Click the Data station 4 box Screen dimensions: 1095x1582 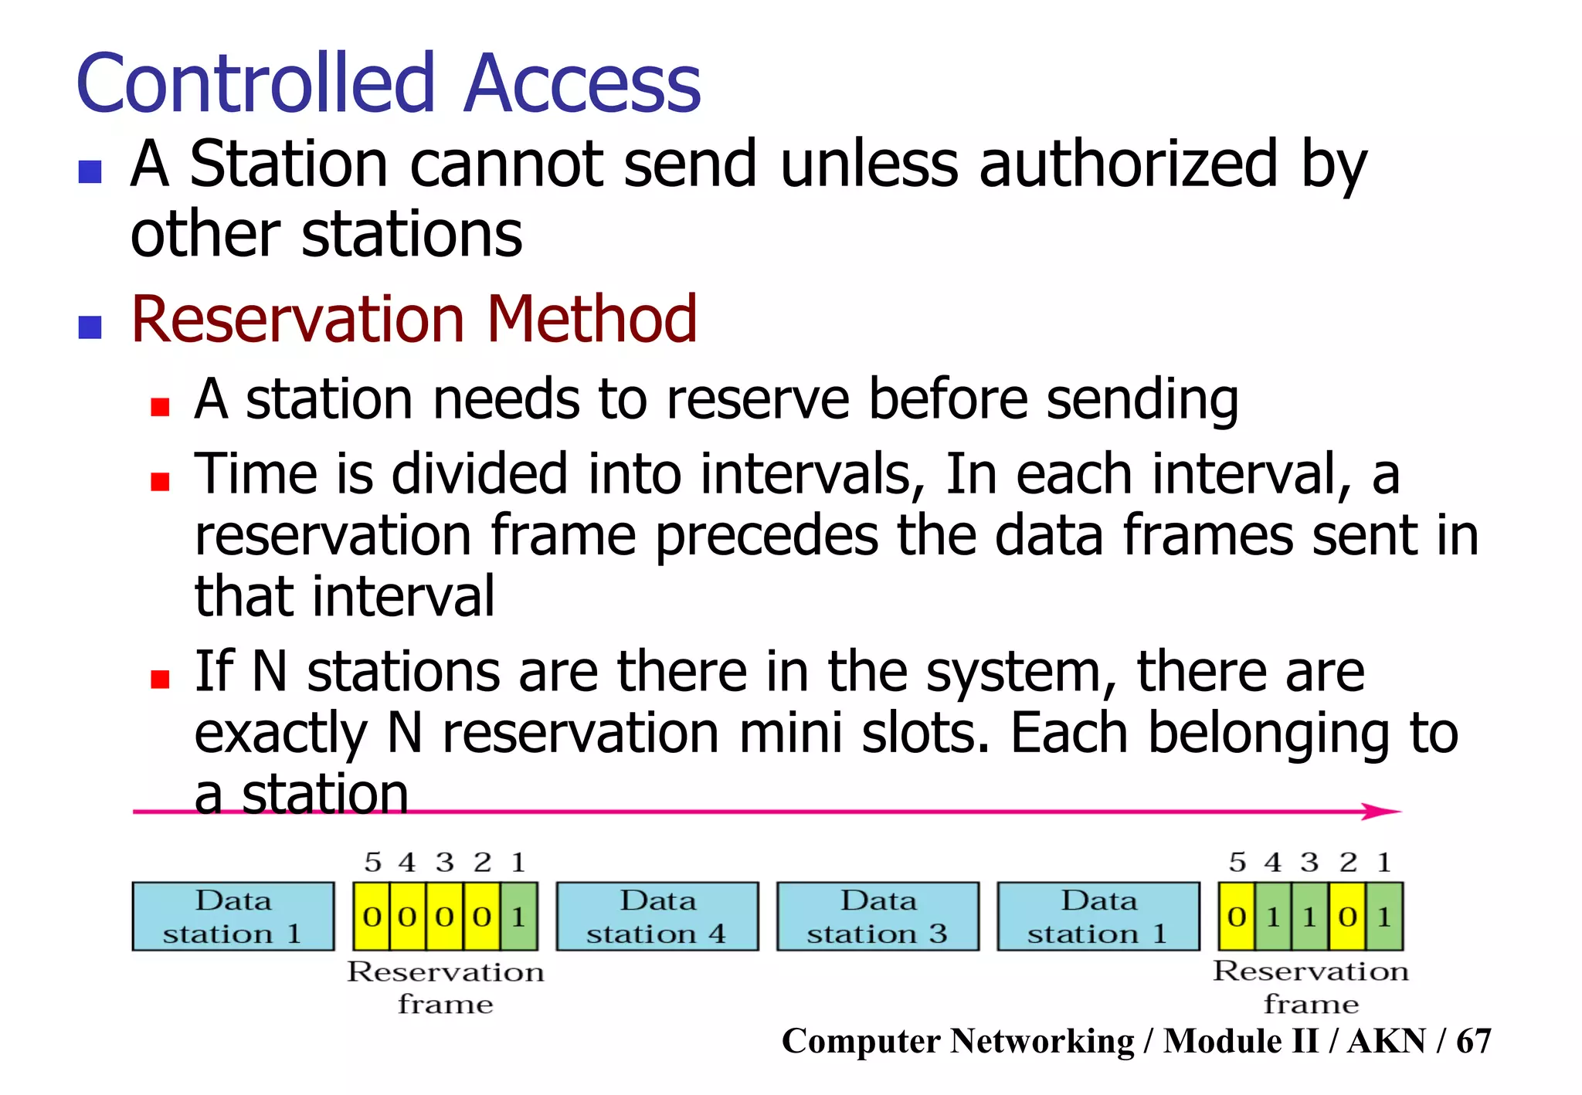click(x=657, y=916)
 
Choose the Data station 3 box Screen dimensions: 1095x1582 click(x=878, y=916)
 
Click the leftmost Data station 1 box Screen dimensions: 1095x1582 click(x=233, y=916)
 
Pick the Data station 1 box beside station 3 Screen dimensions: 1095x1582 click(x=1098, y=916)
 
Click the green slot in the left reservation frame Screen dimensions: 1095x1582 click(x=519, y=917)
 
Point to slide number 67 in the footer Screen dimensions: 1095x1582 click(x=1474, y=1041)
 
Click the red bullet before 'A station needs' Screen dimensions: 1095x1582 click(x=160, y=407)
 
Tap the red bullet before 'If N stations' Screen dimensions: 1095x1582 click(x=160, y=679)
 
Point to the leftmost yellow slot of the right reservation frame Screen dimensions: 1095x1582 click(x=1237, y=917)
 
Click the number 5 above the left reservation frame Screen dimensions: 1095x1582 click(x=373, y=862)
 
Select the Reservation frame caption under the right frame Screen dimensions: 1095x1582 click(x=1311, y=987)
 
